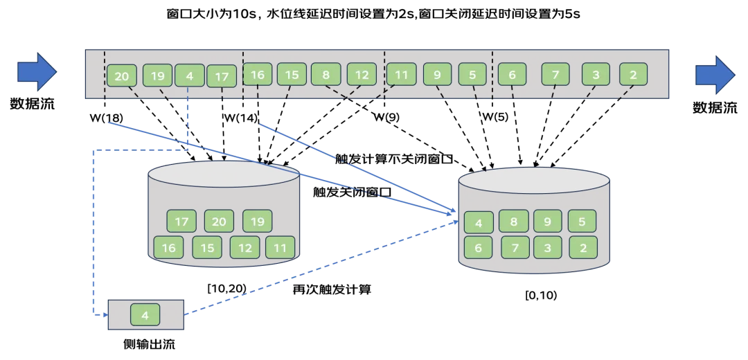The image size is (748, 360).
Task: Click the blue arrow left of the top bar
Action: [x=36, y=72]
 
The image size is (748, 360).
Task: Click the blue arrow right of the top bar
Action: [x=714, y=74]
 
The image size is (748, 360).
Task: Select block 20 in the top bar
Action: [x=122, y=76]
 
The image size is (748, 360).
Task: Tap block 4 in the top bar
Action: [x=190, y=75]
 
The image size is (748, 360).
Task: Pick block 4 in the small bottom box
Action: [x=145, y=315]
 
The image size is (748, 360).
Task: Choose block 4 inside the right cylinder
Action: [x=479, y=224]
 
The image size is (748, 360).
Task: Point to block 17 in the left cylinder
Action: [x=182, y=222]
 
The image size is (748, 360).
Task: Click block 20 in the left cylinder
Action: [x=219, y=222]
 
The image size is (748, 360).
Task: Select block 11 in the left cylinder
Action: [x=280, y=247]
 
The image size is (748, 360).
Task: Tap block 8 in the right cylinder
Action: [x=513, y=222]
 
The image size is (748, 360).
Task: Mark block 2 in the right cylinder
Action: [x=582, y=247]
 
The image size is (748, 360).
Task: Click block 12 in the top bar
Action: [x=362, y=74]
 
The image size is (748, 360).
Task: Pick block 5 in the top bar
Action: [x=472, y=74]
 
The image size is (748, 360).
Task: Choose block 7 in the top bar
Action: [x=555, y=74]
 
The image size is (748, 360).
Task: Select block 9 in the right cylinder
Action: [x=548, y=222]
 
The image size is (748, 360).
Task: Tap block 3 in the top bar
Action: [x=596, y=74]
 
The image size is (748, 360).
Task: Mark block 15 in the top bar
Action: [x=292, y=74]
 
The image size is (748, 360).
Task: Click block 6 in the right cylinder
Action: [x=479, y=247]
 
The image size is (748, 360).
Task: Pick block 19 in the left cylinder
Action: [x=257, y=222]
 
